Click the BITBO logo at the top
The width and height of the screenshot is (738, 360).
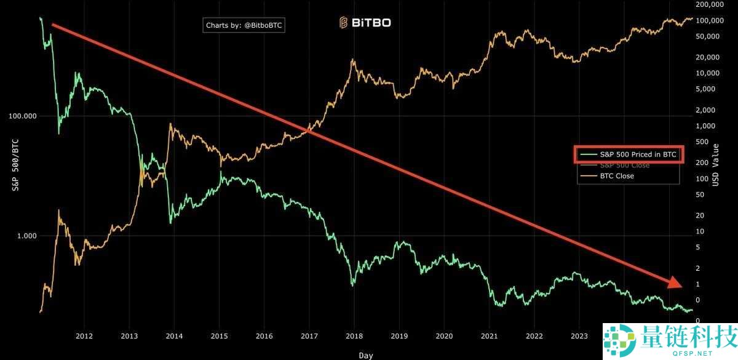(x=365, y=23)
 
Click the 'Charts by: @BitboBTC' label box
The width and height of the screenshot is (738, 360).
(x=245, y=25)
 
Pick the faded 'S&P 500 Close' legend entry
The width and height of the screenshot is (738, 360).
(x=624, y=166)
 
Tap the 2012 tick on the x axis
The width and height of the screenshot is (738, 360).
(x=84, y=335)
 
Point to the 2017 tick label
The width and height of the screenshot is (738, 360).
(x=309, y=335)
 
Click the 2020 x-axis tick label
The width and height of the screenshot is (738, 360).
(x=444, y=335)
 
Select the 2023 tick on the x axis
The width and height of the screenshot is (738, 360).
(x=579, y=335)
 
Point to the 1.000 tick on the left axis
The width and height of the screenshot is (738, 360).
(x=25, y=236)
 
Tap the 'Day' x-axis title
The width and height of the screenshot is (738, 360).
(x=366, y=355)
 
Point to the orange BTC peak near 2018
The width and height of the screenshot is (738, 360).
(x=352, y=60)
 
